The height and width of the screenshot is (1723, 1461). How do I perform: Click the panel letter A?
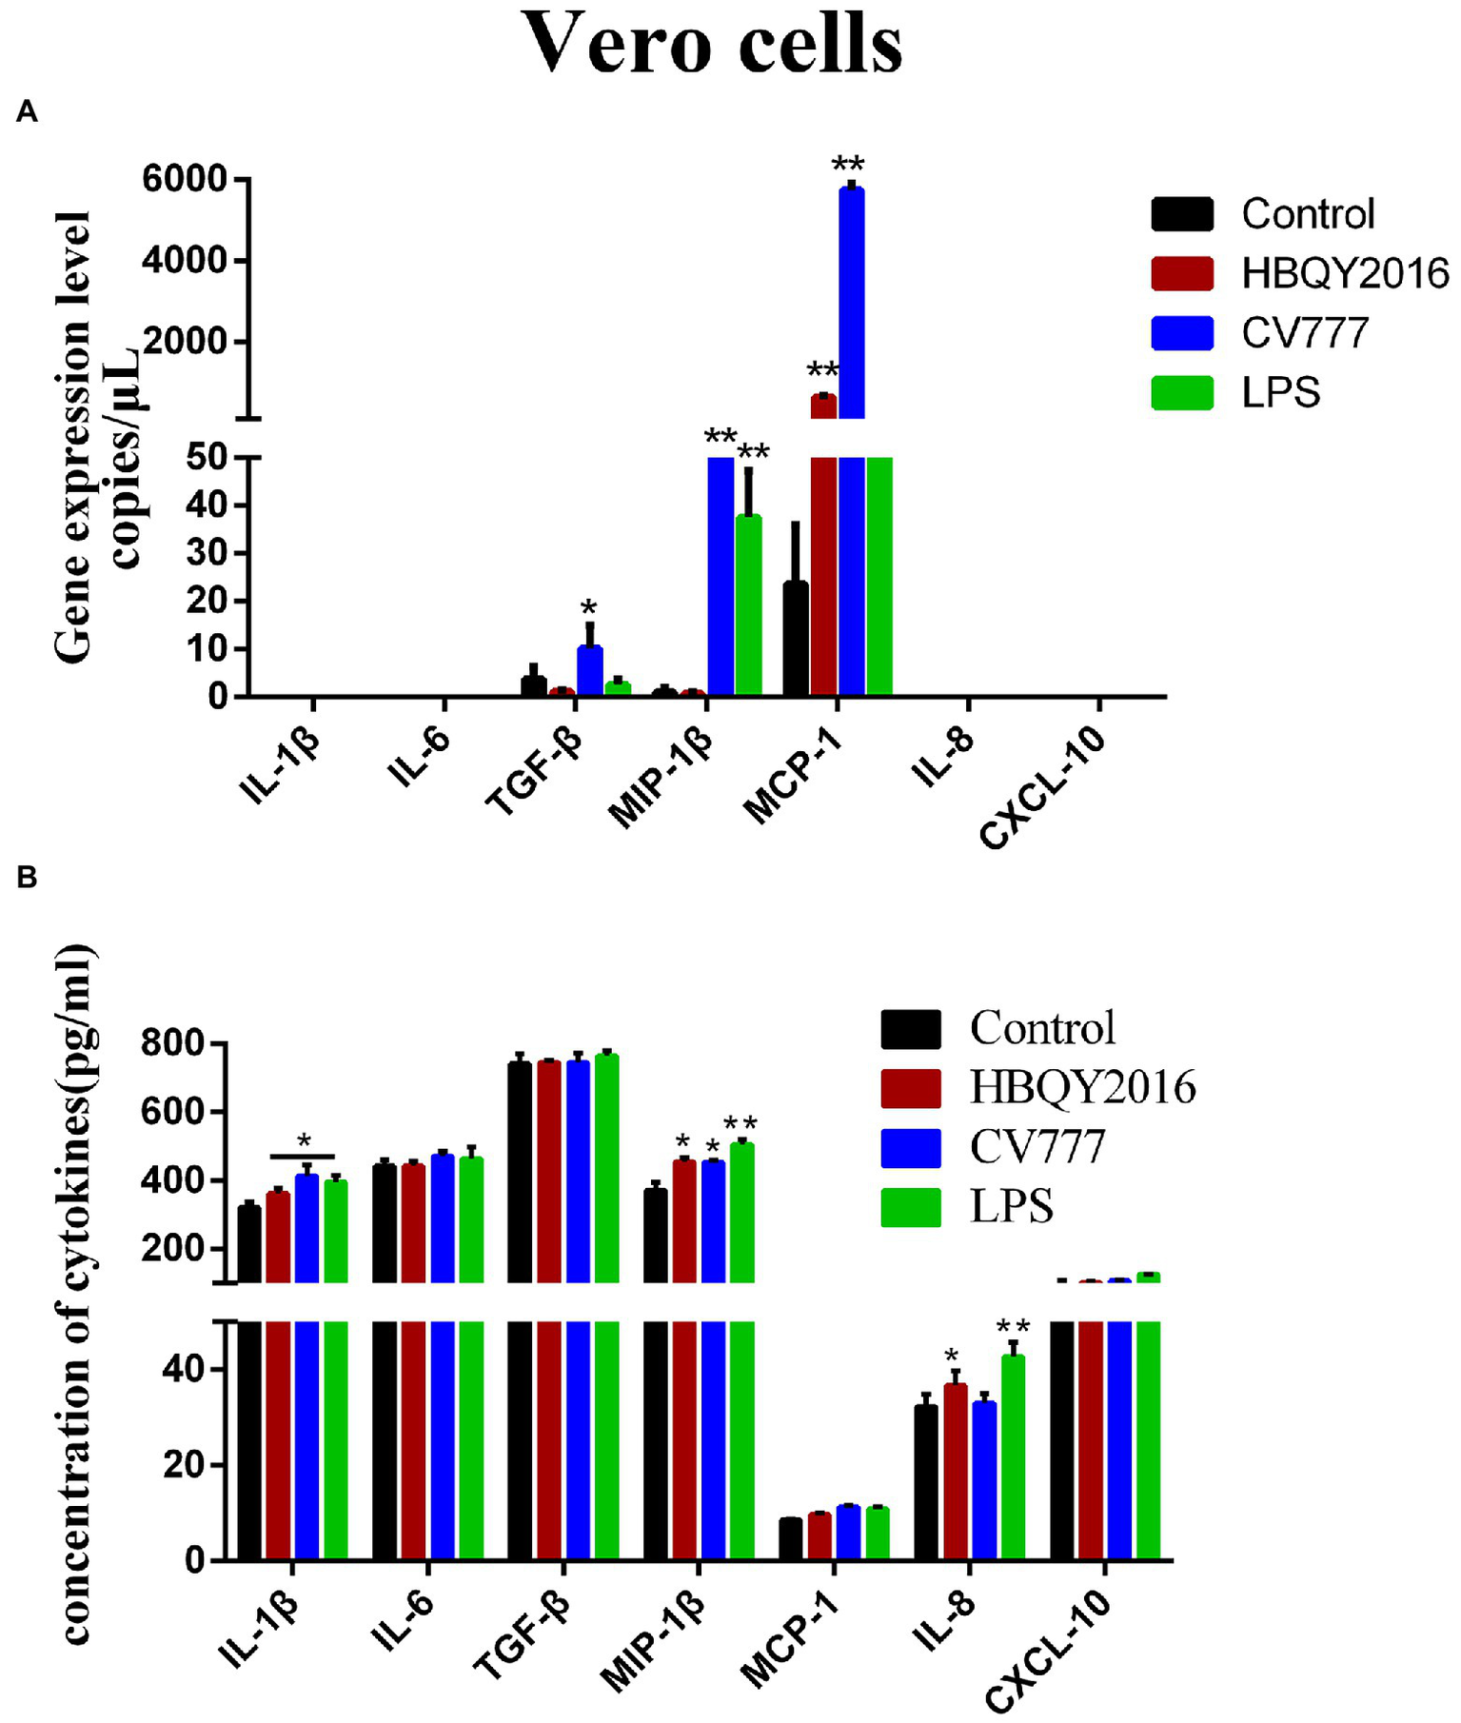(27, 112)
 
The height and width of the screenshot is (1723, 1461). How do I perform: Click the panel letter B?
(27, 877)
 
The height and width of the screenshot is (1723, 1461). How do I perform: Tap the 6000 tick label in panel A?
(185, 179)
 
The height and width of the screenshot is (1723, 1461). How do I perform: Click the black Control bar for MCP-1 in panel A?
(796, 639)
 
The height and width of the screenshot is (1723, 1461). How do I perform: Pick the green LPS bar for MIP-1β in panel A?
(749, 604)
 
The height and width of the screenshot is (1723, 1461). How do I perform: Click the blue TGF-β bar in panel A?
(589, 672)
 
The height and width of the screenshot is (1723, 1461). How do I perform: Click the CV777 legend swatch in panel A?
(1182, 333)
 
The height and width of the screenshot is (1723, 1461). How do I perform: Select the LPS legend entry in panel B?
(1011, 1207)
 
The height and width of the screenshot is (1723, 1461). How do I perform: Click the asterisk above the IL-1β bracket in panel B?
(304, 1142)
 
